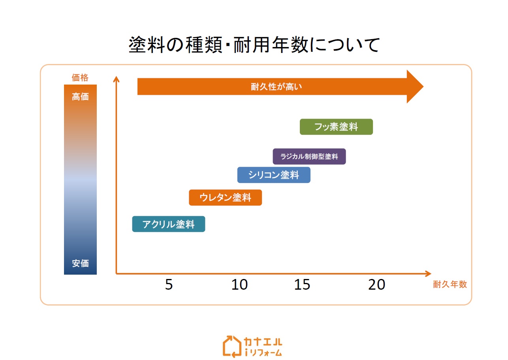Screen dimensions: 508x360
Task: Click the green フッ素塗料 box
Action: (x=336, y=127)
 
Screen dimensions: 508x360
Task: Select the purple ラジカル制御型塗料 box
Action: (x=309, y=156)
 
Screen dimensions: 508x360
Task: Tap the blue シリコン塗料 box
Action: (x=274, y=175)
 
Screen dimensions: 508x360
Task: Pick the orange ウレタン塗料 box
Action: (x=226, y=198)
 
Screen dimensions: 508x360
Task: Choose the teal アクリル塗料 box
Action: (x=169, y=224)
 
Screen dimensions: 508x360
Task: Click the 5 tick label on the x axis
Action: (x=169, y=285)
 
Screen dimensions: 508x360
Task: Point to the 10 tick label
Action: (x=239, y=285)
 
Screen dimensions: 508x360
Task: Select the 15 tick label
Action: (x=302, y=285)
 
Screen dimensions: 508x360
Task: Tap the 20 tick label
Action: (x=377, y=285)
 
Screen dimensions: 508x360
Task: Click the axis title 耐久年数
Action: (x=450, y=284)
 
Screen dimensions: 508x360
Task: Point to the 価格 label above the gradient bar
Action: (x=80, y=77)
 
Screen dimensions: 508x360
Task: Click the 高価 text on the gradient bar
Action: (x=80, y=97)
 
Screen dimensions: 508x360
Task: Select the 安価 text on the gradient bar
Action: (x=80, y=263)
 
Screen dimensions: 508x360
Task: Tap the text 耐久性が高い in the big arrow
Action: (x=276, y=87)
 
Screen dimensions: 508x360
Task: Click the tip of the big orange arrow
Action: (x=423, y=87)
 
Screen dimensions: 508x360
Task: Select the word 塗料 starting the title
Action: (x=147, y=45)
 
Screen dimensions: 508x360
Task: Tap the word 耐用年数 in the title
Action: (x=271, y=45)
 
